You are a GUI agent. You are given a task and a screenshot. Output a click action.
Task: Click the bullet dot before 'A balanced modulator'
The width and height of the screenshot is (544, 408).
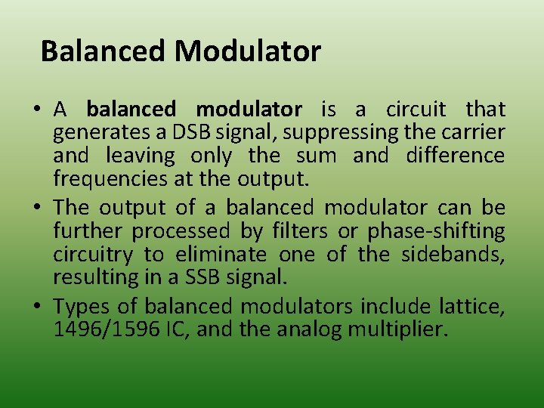(x=36, y=110)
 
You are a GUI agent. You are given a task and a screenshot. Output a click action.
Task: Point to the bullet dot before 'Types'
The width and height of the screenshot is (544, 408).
(x=36, y=306)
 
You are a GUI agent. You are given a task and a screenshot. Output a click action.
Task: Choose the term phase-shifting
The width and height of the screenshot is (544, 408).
(x=436, y=230)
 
